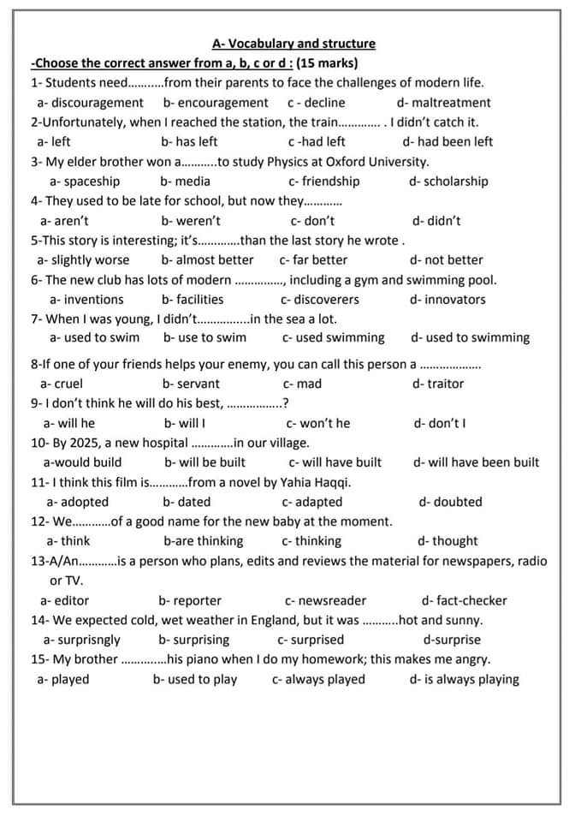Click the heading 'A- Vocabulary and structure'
(293, 44)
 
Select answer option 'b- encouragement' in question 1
(216, 103)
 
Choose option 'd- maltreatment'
(444, 103)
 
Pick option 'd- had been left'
(448, 142)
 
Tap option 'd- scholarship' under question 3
(448, 182)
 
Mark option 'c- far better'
(313, 260)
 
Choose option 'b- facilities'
(193, 300)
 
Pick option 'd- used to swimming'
(470, 338)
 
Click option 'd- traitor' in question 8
(438, 384)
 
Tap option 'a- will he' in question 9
(69, 423)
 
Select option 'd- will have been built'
(476, 462)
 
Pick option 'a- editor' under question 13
(65, 600)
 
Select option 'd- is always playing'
(464, 680)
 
